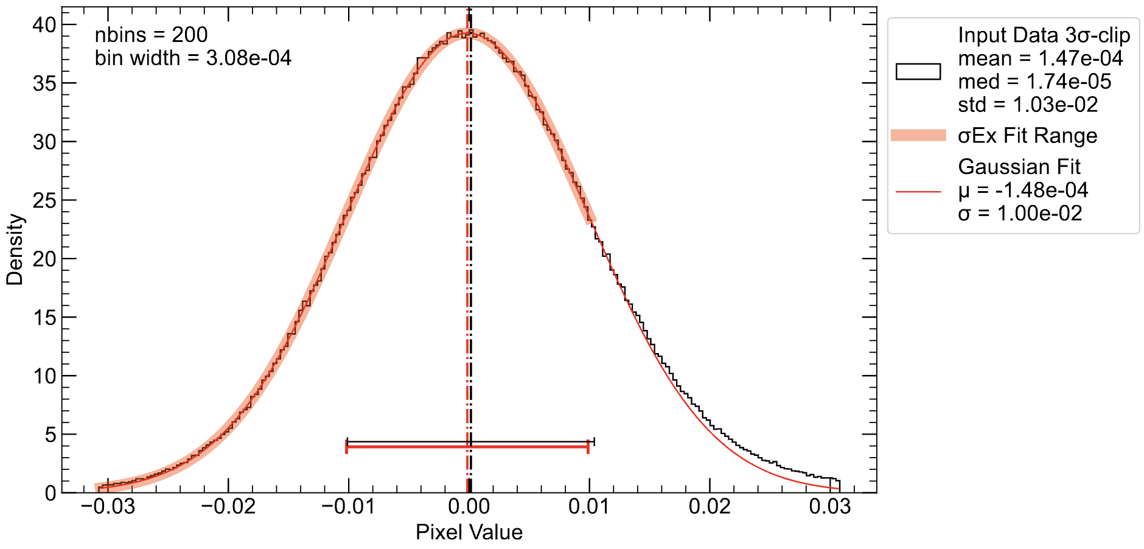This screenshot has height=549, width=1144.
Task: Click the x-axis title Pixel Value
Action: tap(469, 533)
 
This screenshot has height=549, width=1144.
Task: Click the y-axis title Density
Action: tap(15, 250)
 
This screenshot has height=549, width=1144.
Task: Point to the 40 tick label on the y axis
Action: tap(44, 25)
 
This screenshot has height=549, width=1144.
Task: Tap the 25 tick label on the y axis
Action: tap(44, 200)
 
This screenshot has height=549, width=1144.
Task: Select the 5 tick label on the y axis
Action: tap(51, 435)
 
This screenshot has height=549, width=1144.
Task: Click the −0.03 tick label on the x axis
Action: tap(108, 506)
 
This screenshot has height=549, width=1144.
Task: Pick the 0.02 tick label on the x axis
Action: tap(709, 506)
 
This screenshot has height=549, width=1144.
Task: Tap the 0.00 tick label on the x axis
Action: tap(469, 506)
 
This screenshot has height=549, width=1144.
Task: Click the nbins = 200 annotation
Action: tap(151, 35)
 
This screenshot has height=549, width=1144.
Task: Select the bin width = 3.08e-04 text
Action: tap(193, 58)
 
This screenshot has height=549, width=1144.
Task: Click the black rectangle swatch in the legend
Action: tap(918, 71)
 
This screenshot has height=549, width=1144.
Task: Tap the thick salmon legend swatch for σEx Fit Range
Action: tap(918, 135)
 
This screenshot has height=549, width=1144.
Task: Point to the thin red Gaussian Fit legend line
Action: tap(918, 192)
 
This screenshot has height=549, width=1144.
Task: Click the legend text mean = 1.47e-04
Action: tap(1040, 58)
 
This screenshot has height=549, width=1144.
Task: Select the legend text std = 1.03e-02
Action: tap(1028, 105)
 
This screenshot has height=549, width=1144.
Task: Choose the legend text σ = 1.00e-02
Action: tap(1020, 214)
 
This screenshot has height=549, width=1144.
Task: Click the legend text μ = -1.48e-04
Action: tap(1023, 191)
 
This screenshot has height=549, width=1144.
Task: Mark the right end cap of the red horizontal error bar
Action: tap(588, 447)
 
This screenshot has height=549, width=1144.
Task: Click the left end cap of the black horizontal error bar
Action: tap(347, 441)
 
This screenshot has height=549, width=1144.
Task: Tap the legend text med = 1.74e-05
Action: tap(1034, 82)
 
